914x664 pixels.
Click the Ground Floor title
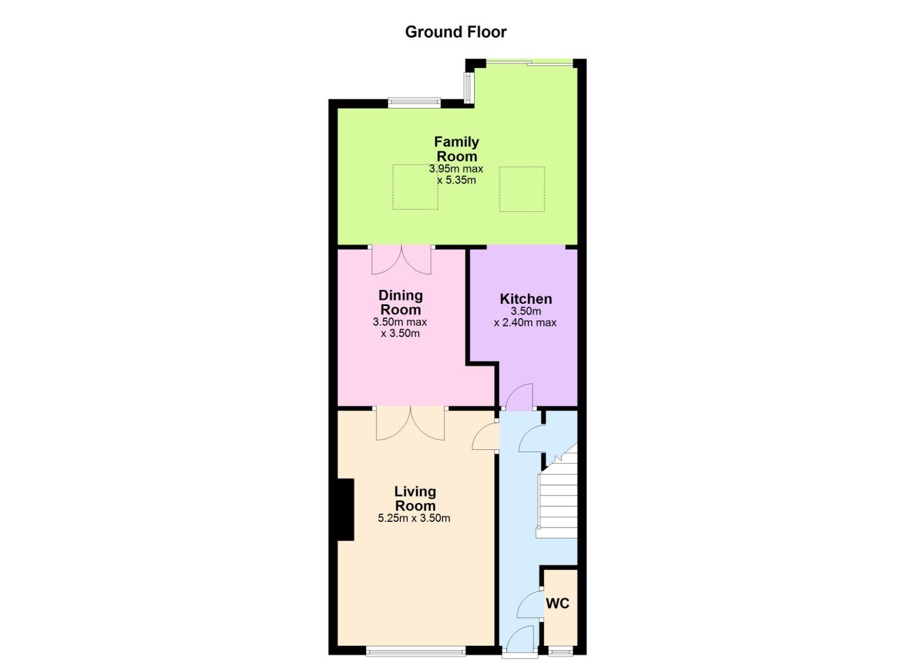(456, 32)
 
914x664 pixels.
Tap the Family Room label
(456, 149)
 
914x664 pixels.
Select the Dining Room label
(400, 302)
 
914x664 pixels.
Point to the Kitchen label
(526, 299)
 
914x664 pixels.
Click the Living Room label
(415, 498)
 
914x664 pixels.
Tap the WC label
(558, 603)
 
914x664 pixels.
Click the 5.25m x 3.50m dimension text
(414, 518)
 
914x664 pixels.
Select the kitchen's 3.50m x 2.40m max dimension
(526, 317)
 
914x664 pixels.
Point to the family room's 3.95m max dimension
(456, 169)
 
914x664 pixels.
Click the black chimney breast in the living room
(346, 509)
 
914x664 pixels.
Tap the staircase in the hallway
(558, 498)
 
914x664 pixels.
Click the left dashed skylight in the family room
(415, 187)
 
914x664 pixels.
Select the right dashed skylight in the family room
(522, 189)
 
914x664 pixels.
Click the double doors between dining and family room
(402, 260)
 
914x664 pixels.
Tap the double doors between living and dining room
(411, 424)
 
